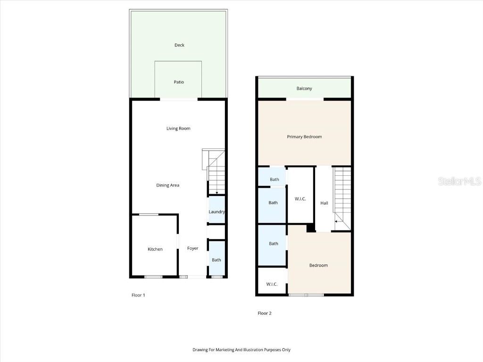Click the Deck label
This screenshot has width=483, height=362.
pyautogui.click(x=179, y=45)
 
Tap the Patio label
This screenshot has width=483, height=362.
pyautogui.click(x=179, y=82)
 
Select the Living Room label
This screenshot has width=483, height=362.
pyautogui.click(x=178, y=128)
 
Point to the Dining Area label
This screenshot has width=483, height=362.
pyautogui.click(x=168, y=185)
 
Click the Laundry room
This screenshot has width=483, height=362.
pyautogui.click(x=217, y=212)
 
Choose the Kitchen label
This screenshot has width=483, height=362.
pyautogui.click(x=155, y=249)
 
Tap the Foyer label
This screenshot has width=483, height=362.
pyautogui.click(x=192, y=248)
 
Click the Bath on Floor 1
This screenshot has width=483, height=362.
pyautogui.click(x=216, y=260)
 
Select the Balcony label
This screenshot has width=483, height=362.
pyautogui.click(x=304, y=89)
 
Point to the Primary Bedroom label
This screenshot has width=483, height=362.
pyautogui.click(x=304, y=137)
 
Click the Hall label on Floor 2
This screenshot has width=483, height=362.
pyautogui.click(x=324, y=203)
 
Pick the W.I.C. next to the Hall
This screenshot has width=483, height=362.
pyautogui.click(x=300, y=199)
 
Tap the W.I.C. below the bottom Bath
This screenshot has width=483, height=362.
pyautogui.click(x=272, y=284)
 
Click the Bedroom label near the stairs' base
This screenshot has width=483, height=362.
pyautogui.click(x=318, y=265)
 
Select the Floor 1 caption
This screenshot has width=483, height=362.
pyautogui.click(x=138, y=295)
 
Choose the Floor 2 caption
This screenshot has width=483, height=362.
pyautogui.click(x=265, y=313)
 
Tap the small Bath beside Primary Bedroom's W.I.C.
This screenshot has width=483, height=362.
pyautogui.click(x=274, y=180)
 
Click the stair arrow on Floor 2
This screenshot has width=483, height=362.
pyautogui.click(x=336, y=221)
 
